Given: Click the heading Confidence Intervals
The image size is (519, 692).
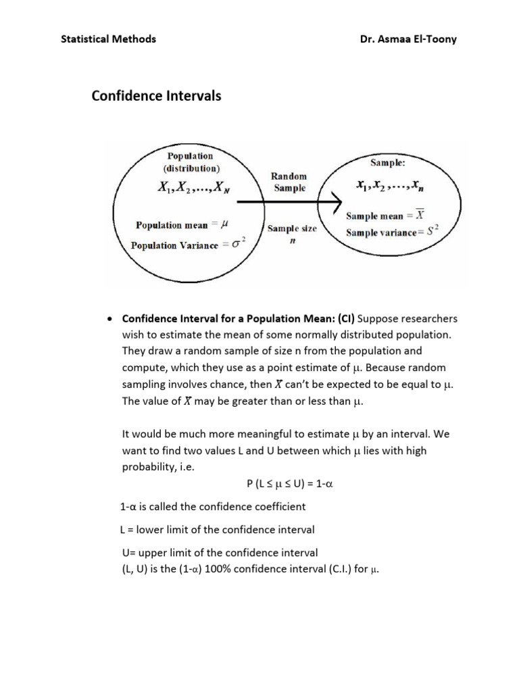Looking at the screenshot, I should coord(156,96).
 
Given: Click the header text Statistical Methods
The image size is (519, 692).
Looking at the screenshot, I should coord(108,39).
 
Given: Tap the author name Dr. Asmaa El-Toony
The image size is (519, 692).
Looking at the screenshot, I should coord(409,39).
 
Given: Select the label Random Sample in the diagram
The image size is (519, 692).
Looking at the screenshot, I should coord(289,182).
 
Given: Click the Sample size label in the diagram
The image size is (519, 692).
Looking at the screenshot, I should coord(292,228).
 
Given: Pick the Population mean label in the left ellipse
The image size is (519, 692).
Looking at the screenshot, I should coord(168,225).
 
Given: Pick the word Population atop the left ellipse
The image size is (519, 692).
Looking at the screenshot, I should coord(190,156).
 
